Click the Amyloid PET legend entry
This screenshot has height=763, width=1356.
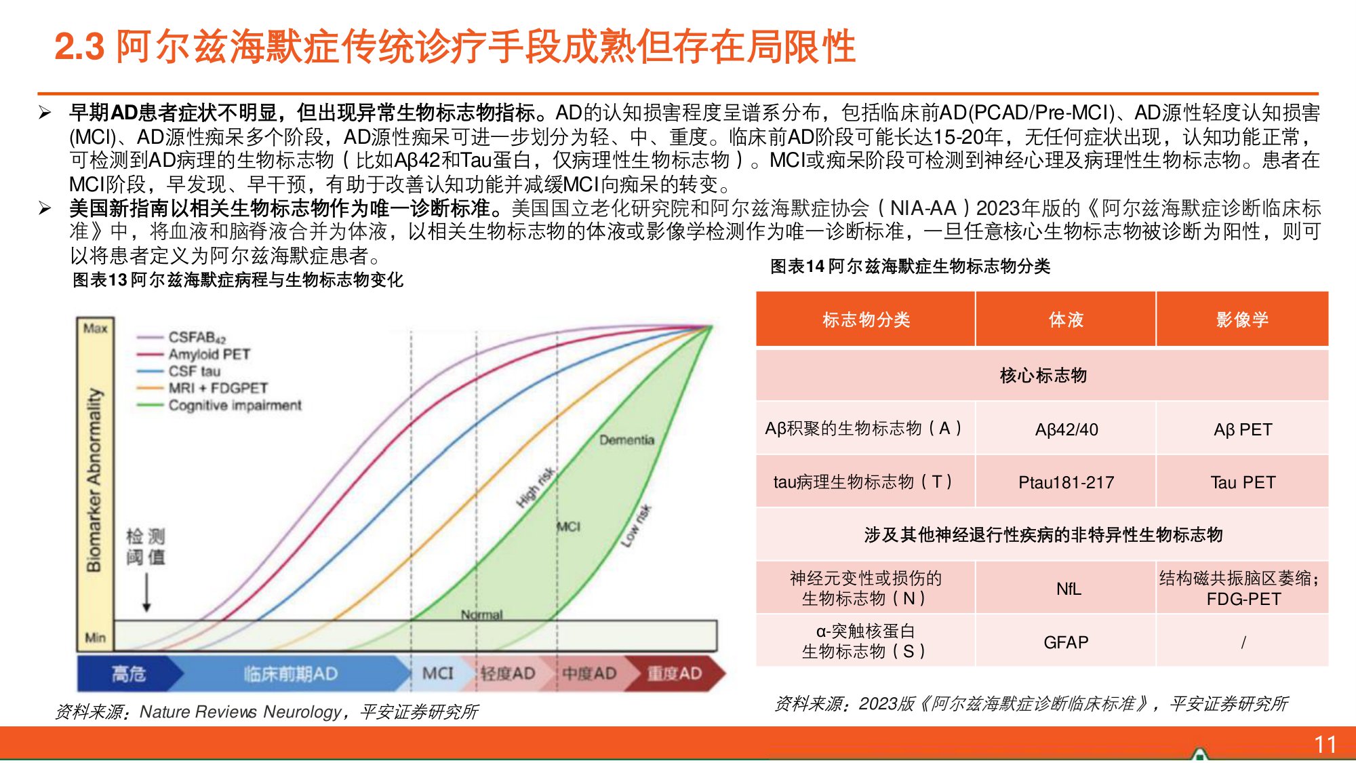[209, 354]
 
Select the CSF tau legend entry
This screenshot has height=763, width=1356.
[194, 371]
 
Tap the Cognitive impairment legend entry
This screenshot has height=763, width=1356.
[235, 406]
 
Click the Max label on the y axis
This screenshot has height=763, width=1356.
[95, 328]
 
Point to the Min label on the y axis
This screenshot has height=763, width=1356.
[95, 637]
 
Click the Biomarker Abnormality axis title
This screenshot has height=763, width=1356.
[94, 480]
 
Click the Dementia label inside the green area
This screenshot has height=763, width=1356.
[626, 440]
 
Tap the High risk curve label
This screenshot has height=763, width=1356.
[536, 487]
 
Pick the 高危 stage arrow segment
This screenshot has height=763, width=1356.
[129, 673]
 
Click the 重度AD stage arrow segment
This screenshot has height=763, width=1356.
[673, 673]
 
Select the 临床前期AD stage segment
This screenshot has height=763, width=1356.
[290, 673]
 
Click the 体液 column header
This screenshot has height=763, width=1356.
[1066, 319]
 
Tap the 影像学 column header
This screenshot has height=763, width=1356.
[1242, 319]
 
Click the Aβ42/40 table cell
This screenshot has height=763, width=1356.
[1066, 429]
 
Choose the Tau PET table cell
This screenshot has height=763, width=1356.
[1243, 482]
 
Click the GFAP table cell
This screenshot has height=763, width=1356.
[1066, 642]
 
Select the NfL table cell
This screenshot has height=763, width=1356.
[1068, 589]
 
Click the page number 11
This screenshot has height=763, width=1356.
[1325, 744]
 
